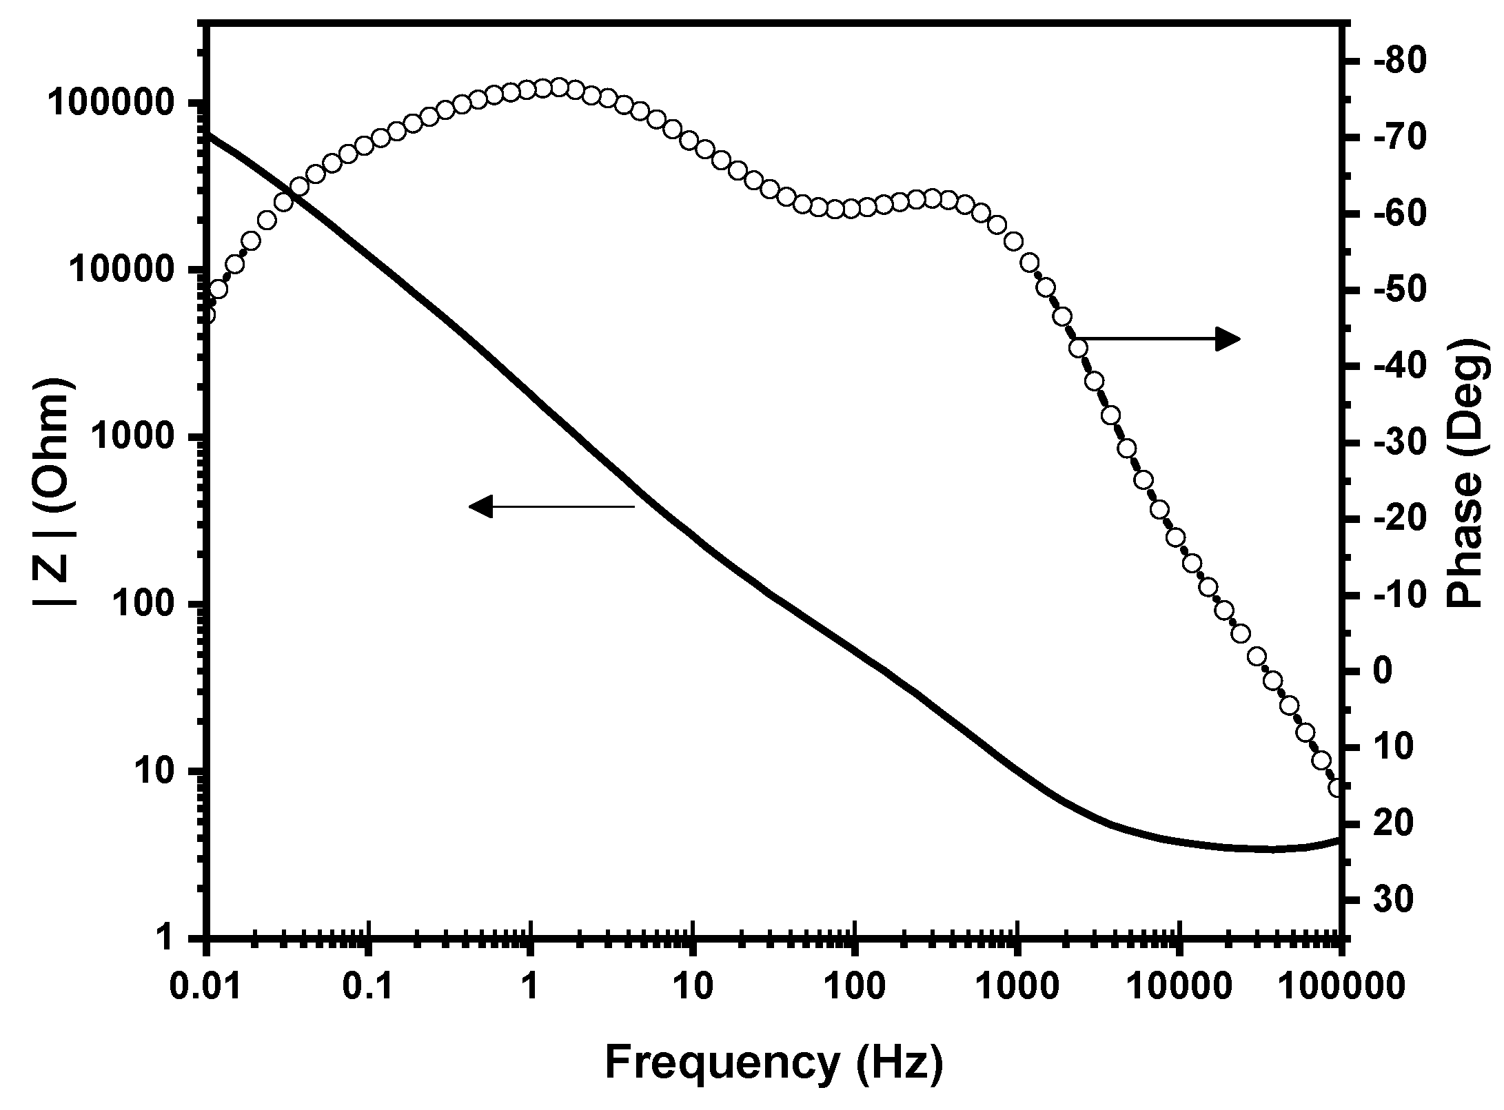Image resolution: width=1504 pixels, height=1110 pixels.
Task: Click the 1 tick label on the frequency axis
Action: coord(530,987)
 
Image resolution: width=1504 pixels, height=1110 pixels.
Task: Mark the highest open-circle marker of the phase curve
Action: coord(559,88)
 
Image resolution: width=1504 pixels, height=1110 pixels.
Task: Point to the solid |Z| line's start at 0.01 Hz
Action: coord(209,134)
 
